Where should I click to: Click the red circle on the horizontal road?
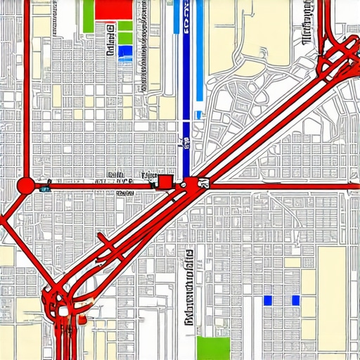tap(25, 186)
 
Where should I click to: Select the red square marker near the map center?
tap(165, 182)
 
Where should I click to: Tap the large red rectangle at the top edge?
tap(113, 9)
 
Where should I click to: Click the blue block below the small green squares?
tap(125, 51)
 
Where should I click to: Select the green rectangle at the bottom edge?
tap(213, 347)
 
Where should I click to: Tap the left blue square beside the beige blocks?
tap(267, 300)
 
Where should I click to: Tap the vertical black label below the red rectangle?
tap(110, 41)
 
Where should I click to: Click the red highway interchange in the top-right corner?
tap(336, 56)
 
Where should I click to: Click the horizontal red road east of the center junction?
tap(281, 186)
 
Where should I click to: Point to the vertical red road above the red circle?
tap(27, 91)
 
